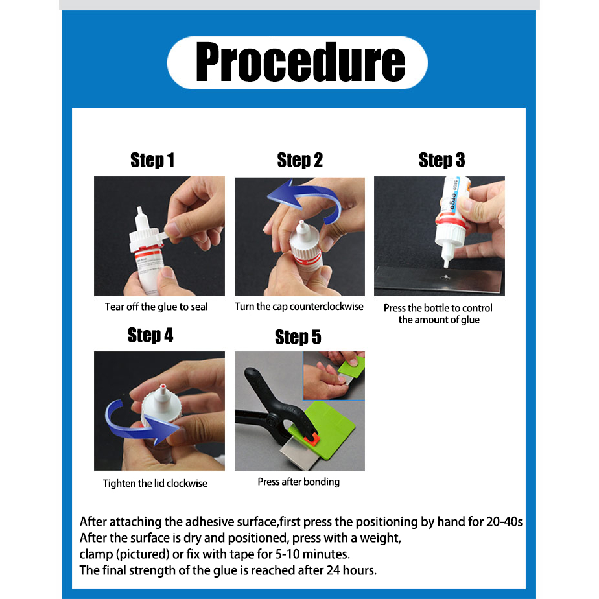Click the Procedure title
click(300, 62)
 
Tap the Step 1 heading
click(152, 160)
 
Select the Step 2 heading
click(300, 160)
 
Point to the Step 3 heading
click(441, 160)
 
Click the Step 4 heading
click(150, 335)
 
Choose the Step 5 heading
click(298, 337)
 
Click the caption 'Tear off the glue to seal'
click(156, 307)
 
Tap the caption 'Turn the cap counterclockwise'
click(299, 307)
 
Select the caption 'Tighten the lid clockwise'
click(155, 483)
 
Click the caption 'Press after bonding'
click(298, 482)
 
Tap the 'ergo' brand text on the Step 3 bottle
click(453, 201)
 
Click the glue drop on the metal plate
click(445, 277)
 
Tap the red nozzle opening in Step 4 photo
click(163, 386)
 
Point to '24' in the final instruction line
click(333, 570)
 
